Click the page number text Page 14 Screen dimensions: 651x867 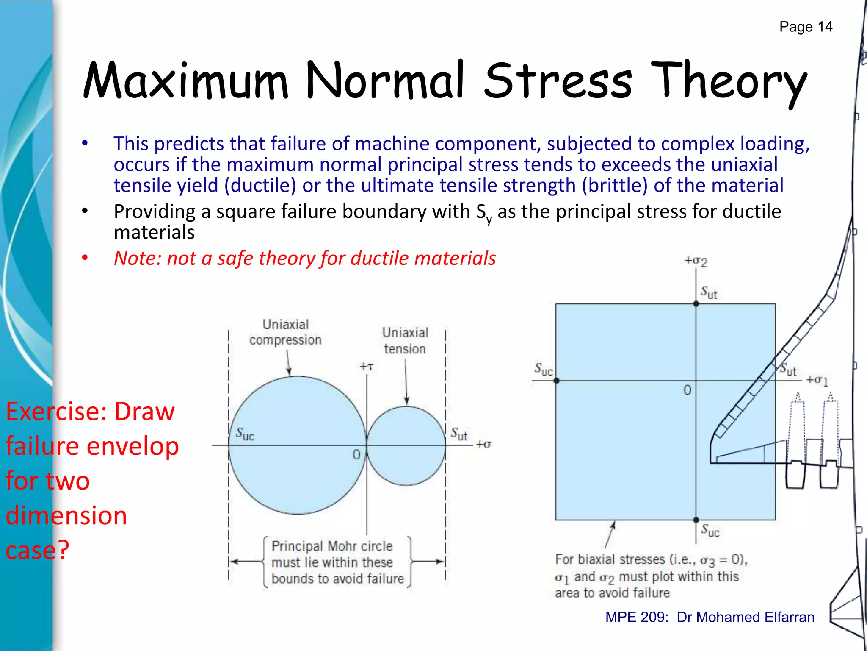click(x=806, y=27)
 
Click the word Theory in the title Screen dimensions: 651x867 click(x=728, y=81)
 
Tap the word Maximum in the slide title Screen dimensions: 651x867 click(x=185, y=81)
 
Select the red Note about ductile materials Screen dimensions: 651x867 click(x=305, y=258)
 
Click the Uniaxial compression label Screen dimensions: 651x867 click(x=285, y=332)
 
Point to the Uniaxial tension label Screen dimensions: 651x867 click(x=405, y=340)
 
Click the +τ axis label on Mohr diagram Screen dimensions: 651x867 click(x=367, y=367)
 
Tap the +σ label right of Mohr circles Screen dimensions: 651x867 click(x=484, y=444)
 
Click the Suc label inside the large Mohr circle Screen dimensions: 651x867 click(x=245, y=434)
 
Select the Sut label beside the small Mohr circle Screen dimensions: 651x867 click(x=459, y=434)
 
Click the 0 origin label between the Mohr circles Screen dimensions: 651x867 click(x=356, y=455)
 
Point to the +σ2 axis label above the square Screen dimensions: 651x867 click(x=696, y=261)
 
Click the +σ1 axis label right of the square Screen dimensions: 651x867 click(x=817, y=380)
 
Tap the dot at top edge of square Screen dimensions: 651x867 click(x=696, y=303)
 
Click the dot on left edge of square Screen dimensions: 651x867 click(x=556, y=381)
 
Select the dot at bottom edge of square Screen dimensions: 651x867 click(x=696, y=520)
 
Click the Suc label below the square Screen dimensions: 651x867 click(x=710, y=530)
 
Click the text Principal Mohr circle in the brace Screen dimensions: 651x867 click(x=332, y=546)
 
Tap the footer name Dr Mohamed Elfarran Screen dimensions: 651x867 click(x=745, y=617)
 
